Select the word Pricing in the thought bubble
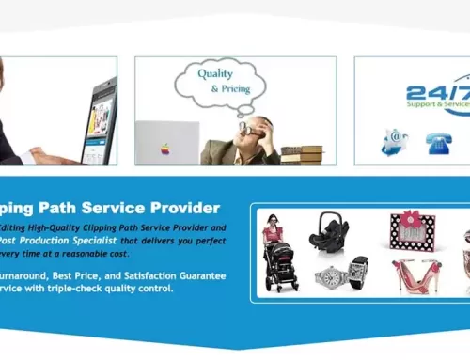(227, 88)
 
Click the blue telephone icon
(437, 143)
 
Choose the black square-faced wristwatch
(358, 273)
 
